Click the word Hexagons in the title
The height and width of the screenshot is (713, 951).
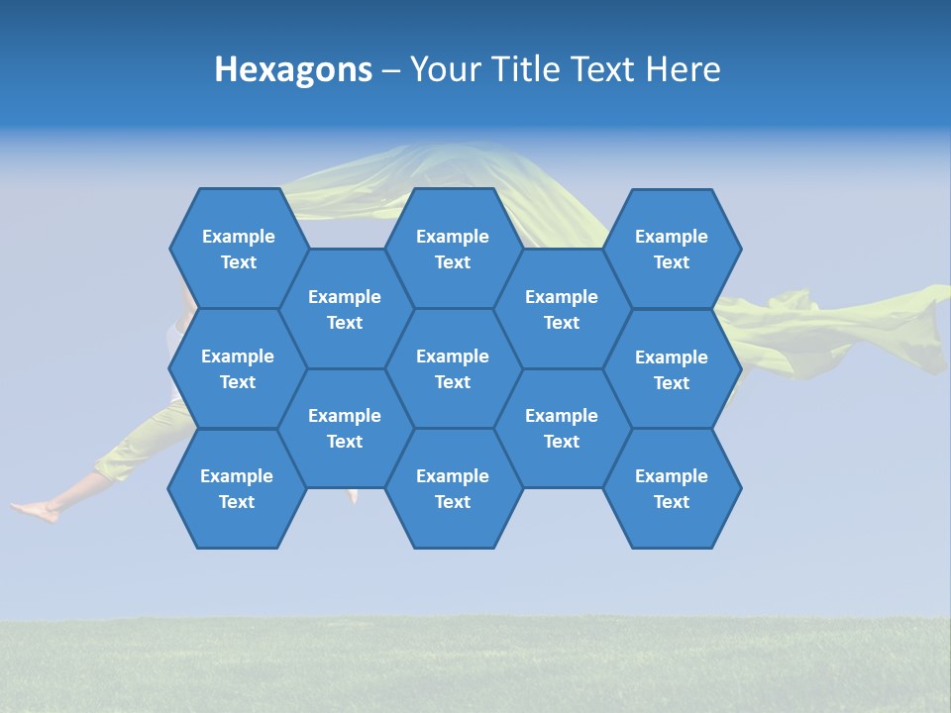click(x=293, y=69)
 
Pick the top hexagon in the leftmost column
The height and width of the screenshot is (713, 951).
click(x=238, y=249)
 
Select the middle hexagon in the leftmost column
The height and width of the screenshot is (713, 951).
click(x=238, y=368)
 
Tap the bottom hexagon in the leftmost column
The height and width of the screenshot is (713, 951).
click(x=237, y=488)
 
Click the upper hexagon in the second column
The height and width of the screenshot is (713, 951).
click(x=345, y=309)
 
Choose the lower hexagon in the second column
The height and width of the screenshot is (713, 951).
click(x=345, y=428)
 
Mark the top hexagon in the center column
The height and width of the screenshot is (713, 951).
click(x=453, y=249)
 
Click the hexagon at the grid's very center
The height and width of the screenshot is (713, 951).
click(x=453, y=368)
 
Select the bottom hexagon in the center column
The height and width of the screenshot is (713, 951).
click(x=453, y=488)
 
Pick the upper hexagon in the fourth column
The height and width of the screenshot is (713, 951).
click(x=562, y=309)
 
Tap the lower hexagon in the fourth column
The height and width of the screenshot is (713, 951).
click(x=562, y=428)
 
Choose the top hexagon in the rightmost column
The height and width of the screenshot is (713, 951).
click(x=672, y=249)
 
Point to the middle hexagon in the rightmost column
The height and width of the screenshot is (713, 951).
click(x=672, y=369)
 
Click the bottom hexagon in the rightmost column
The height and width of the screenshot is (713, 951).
click(x=672, y=488)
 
